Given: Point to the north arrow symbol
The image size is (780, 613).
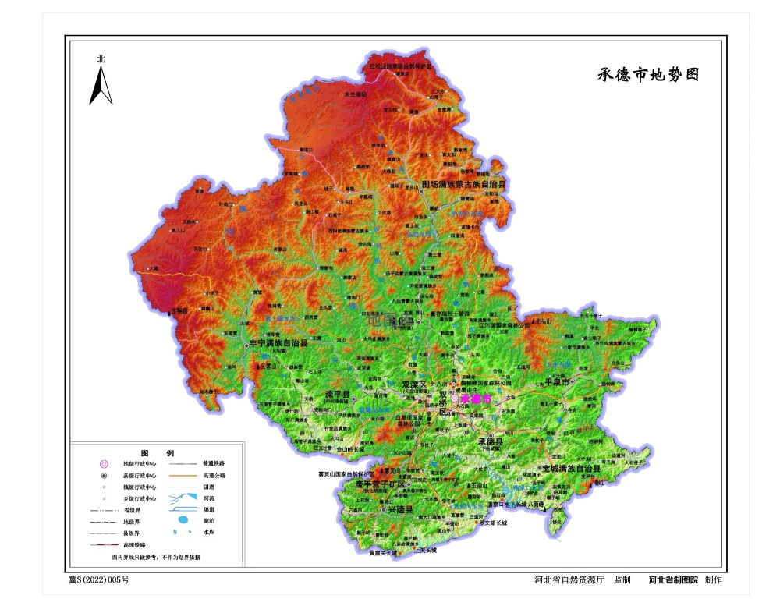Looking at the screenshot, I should click(101, 84).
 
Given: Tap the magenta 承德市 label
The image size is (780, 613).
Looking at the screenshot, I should click(477, 399).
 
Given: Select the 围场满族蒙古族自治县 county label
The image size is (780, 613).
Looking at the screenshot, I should click(463, 186).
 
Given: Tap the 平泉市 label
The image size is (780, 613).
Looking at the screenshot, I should click(558, 382).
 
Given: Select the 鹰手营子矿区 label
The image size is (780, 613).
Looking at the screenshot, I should click(381, 484).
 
